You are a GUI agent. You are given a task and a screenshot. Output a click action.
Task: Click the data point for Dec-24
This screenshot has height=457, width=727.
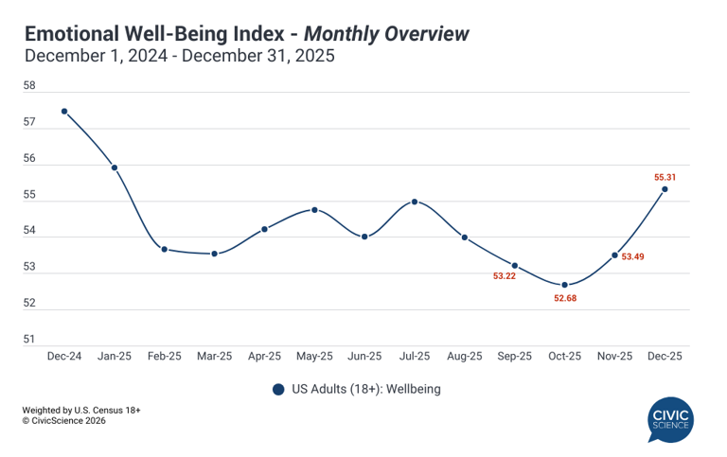(64, 111)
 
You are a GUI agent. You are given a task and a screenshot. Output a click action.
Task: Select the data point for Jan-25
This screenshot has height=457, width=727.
(115, 167)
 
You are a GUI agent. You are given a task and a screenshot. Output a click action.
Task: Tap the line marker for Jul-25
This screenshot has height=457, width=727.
(415, 202)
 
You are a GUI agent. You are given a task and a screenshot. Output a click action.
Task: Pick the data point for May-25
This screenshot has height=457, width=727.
(314, 209)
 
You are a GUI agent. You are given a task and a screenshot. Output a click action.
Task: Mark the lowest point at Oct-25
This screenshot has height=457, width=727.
(564, 285)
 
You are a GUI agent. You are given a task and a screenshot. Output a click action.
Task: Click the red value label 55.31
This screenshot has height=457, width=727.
(665, 177)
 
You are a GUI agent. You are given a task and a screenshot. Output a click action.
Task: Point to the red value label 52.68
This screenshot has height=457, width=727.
(565, 299)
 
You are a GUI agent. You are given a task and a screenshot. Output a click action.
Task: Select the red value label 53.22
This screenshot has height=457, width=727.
(505, 276)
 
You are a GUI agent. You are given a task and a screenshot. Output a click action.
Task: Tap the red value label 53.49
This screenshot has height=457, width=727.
(632, 256)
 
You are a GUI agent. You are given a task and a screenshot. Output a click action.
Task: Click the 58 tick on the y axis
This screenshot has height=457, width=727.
(28, 86)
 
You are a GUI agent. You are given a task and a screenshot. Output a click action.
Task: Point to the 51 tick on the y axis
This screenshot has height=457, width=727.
(28, 340)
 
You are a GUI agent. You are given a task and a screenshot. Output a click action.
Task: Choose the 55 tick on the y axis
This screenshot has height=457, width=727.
(28, 195)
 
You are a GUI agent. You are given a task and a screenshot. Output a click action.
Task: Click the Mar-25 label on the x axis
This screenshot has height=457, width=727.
(214, 357)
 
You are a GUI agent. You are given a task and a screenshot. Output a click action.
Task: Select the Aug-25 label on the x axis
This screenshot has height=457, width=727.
(464, 357)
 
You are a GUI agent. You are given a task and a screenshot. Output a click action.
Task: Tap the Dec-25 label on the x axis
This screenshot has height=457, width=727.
(665, 357)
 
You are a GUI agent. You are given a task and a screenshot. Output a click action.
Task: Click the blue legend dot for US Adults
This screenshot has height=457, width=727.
(277, 389)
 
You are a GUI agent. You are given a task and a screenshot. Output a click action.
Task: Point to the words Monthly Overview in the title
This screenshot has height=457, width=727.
(388, 35)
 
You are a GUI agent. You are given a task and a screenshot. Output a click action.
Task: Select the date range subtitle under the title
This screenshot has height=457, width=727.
(179, 57)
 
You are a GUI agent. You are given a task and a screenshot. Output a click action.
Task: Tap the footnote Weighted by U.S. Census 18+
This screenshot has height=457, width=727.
(81, 410)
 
